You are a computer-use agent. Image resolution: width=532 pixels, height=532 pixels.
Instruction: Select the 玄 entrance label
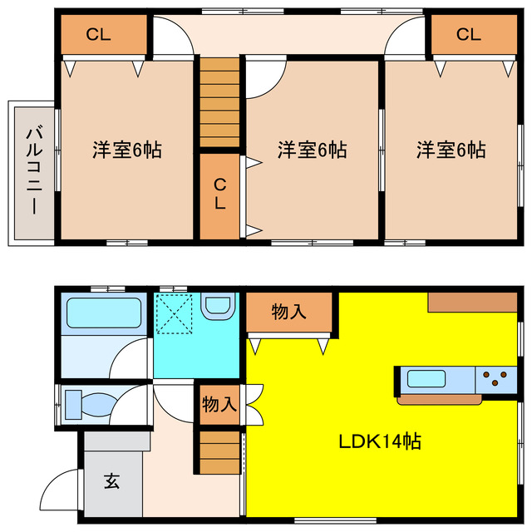coord(111,480)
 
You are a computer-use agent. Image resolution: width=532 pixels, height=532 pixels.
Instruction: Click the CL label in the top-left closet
coord(99,35)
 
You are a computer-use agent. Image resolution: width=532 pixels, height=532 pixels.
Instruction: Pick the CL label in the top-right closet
coord(468,35)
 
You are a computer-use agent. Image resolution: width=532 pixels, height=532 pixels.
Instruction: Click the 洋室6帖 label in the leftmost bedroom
coord(126,150)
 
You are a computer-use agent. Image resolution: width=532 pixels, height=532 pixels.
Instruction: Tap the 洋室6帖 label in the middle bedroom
coord(312,150)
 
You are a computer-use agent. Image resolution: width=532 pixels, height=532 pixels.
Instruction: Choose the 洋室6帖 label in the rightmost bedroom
coord(451,150)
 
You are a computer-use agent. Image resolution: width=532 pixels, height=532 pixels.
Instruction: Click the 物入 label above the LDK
coord(288,312)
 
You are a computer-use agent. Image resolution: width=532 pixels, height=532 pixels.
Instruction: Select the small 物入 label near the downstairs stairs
coord(219,405)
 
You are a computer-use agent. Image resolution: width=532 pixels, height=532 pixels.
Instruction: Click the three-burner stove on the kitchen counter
coord(496,380)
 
